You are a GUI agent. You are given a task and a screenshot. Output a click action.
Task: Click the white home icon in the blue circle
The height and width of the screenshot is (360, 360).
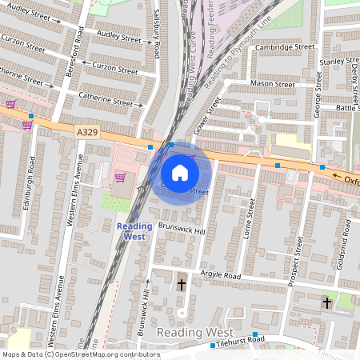click(x=180, y=172)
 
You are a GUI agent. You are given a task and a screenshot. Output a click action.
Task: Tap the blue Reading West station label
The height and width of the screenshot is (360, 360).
click(x=134, y=231)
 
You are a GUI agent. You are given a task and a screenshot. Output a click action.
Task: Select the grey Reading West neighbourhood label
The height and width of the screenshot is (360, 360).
click(x=195, y=332)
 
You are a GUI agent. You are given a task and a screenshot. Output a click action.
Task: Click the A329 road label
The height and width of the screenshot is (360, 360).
click(x=88, y=130)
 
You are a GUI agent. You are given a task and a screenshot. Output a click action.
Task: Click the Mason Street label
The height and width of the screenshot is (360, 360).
click(x=273, y=84)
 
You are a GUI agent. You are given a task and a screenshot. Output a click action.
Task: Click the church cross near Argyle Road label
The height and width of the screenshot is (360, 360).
click(x=181, y=284)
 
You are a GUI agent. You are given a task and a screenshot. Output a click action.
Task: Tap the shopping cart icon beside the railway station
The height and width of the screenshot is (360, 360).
click(x=120, y=178)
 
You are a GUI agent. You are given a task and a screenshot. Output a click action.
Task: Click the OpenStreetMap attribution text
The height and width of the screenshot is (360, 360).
click(x=80, y=354)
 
